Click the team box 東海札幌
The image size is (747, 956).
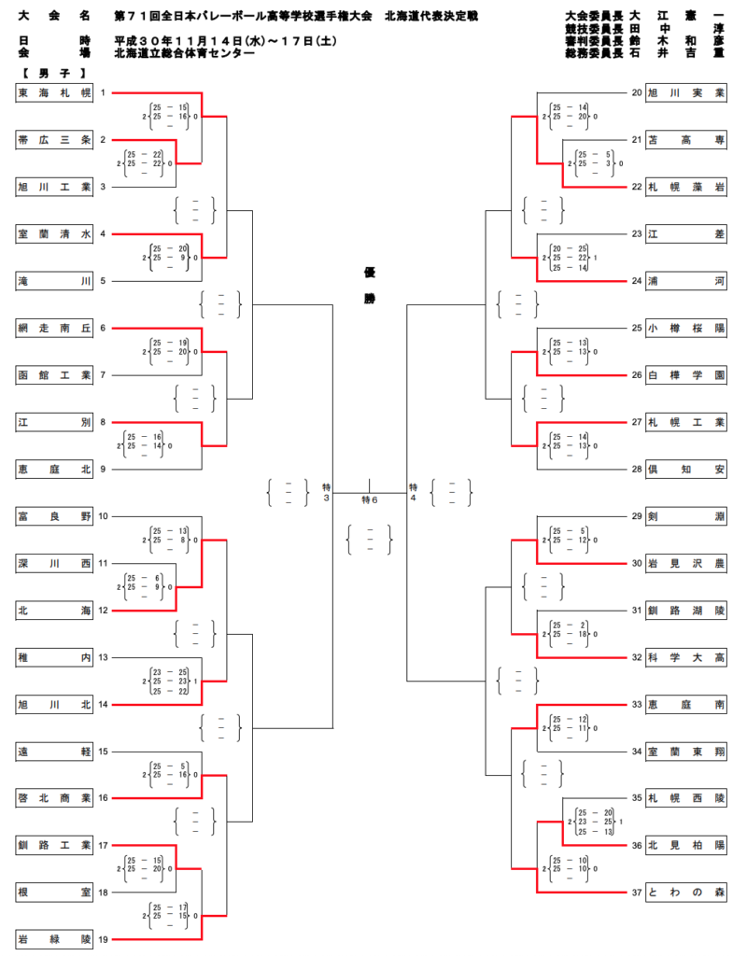click(55, 92)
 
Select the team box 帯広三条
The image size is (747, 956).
click(55, 140)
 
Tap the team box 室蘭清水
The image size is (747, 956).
click(55, 233)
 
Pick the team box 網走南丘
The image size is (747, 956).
click(55, 328)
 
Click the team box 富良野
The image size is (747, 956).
click(55, 516)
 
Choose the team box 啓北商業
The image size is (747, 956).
click(55, 798)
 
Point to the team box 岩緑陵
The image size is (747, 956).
click(55, 939)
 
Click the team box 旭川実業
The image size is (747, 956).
click(686, 92)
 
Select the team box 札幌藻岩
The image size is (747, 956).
click(686, 187)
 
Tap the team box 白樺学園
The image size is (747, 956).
click(686, 374)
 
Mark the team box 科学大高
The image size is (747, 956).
click(686, 657)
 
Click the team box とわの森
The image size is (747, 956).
click(686, 893)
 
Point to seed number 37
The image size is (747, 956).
click(636, 893)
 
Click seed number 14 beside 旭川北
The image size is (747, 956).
click(104, 704)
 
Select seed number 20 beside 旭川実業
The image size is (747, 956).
click(636, 92)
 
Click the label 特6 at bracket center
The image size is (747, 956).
click(370, 500)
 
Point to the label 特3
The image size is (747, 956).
click(327, 493)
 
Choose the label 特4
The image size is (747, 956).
click(413, 493)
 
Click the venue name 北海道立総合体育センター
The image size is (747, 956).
click(184, 54)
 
